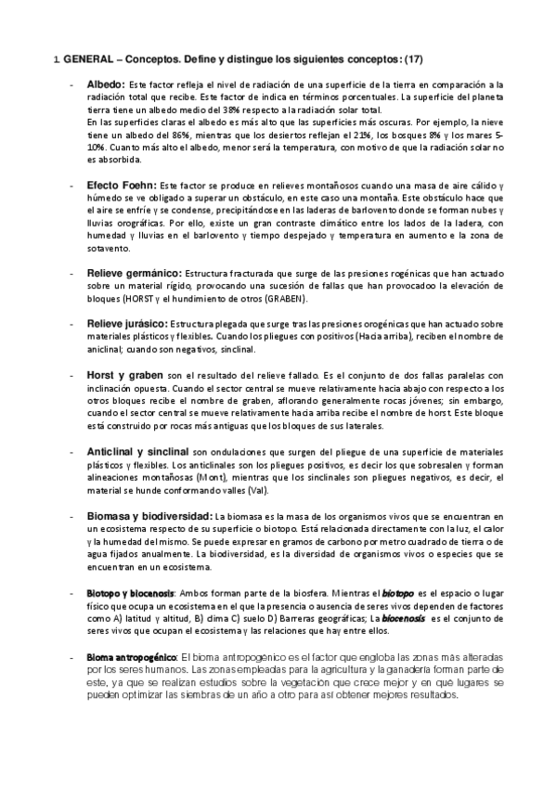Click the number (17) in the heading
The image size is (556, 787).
pyautogui.click(x=413, y=58)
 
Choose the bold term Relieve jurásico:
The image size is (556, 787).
pyautogui.click(x=131, y=323)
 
